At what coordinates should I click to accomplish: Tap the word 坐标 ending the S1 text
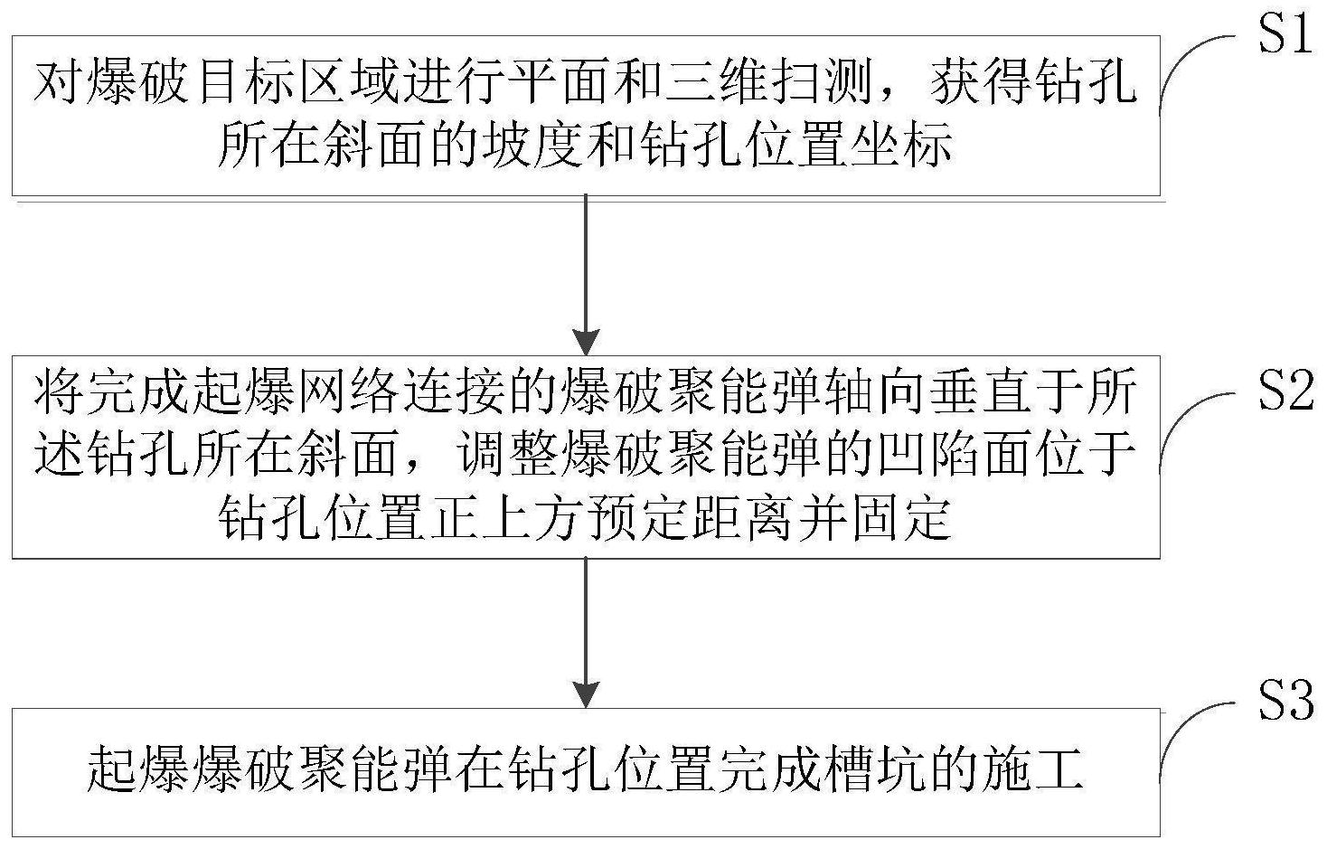(x=899, y=146)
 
